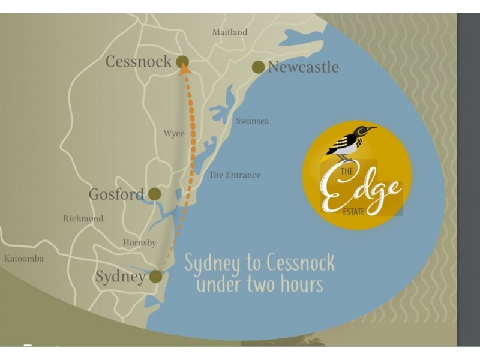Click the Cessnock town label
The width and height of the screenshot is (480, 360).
[138, 61]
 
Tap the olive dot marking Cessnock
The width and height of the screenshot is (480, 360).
[182, 61]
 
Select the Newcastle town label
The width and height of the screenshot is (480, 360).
[303, 67]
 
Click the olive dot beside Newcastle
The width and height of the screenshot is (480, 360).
[258, 67]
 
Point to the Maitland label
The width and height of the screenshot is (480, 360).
[229, 32]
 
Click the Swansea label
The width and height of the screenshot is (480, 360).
[252, 121]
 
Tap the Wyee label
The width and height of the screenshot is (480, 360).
[174, 134]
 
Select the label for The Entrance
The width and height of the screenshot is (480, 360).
[235, 175]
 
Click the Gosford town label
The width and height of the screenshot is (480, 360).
[116, 194]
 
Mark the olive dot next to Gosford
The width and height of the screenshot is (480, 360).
[154, 194]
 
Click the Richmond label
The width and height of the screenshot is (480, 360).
[83, 219]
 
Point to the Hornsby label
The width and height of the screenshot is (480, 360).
[139, 243]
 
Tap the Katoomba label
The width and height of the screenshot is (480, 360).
[23, 259]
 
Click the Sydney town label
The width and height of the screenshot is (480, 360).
[120, 277]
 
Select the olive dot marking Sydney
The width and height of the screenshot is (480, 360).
[155, 276]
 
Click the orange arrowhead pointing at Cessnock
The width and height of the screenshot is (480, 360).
[185, 70]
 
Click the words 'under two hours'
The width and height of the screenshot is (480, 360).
[259, 284]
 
